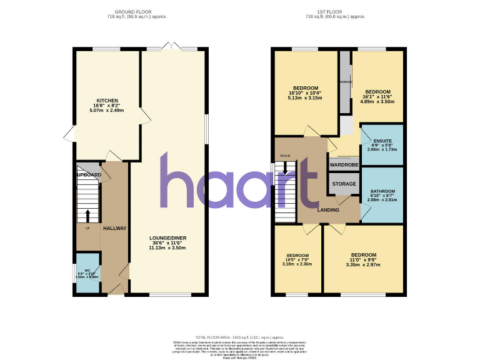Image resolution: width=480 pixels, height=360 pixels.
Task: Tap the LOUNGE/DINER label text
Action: (167, 238)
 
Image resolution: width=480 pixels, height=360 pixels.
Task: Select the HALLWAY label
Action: (114, 228)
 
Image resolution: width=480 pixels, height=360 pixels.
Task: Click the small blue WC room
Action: (87, 273)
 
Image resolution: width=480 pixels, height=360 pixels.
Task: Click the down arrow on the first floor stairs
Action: (286, 167)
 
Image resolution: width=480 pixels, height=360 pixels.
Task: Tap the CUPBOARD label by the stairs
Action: (89, 174)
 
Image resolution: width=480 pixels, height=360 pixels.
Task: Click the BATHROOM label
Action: (382, 191)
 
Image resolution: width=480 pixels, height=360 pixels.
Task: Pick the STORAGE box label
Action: (344, 184)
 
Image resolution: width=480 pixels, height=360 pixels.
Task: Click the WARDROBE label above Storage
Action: (344, 165)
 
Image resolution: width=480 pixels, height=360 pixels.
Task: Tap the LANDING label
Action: (328, 210)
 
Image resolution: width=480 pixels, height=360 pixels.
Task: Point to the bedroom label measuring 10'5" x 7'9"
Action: (297, 256)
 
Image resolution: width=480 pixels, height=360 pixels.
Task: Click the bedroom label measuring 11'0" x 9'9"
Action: (363, 255)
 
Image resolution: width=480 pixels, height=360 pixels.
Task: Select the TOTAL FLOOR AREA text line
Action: (240, 336)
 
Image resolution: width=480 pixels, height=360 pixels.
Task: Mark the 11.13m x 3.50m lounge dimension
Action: (167, 248)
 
